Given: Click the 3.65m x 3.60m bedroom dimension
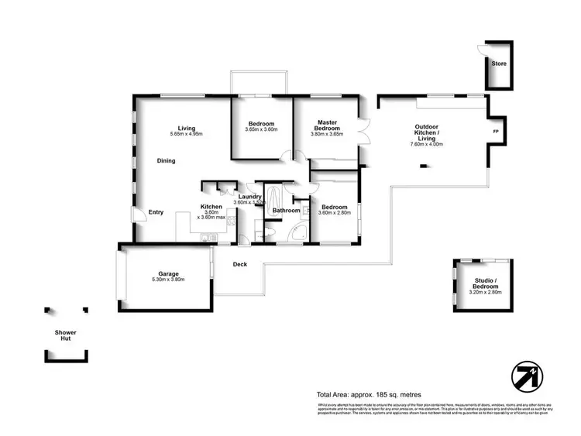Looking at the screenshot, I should [262, 129].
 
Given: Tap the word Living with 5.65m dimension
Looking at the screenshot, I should [186, 129].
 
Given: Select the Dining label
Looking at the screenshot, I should [166, 161].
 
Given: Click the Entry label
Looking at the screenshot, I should [156, 212].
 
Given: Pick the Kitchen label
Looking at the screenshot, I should [211, 207].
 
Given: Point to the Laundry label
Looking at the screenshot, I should [250, 197].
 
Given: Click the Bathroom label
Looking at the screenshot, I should [286, 211].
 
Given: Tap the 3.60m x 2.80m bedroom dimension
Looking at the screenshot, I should [333, 214].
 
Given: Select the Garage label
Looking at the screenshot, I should [169, 273].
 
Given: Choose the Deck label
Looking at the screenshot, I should [240, 265].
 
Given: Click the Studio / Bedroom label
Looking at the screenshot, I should [486, 284].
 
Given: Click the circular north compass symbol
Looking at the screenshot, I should [527, 377].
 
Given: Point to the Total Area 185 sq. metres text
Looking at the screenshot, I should [369, 395].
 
